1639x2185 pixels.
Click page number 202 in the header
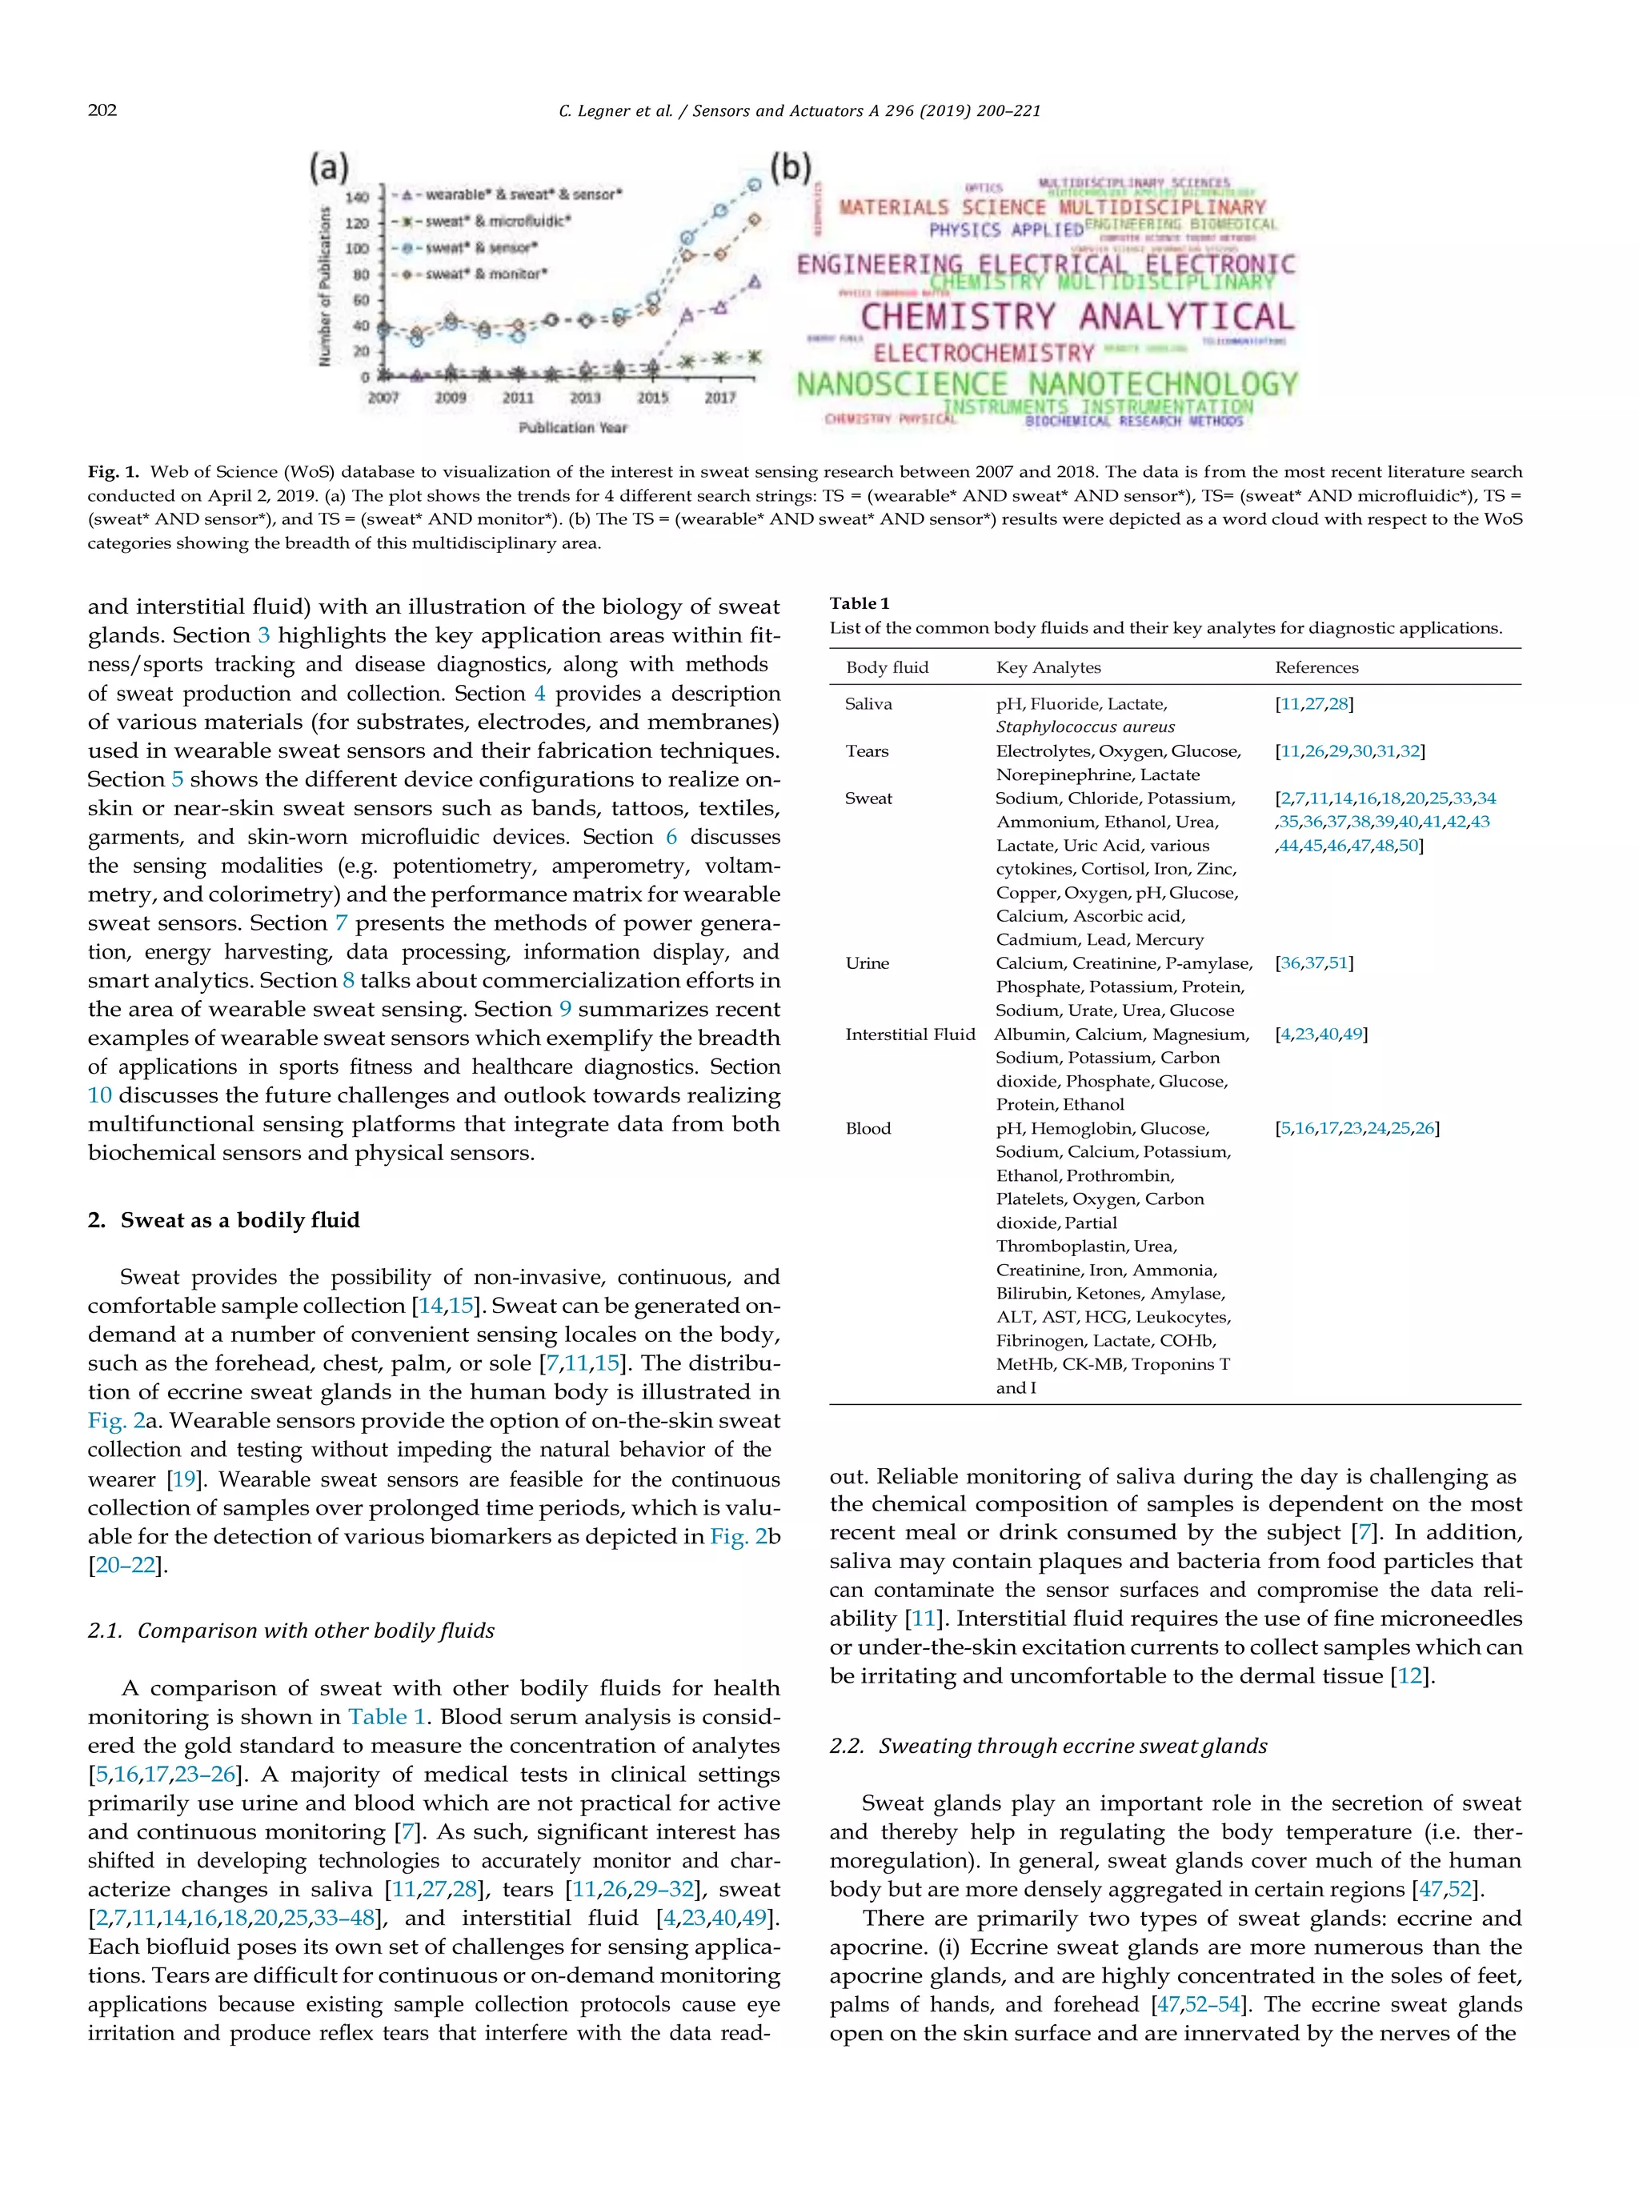tap(102, 110)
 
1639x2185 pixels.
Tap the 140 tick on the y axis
tap(357, 198)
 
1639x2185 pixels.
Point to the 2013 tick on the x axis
tap(585, 398)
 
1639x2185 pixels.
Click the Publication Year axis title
tap(573, 428)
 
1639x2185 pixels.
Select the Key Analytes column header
tap(1048, 668)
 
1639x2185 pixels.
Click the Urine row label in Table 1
tap(867, 963)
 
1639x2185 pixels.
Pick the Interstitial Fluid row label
tap(909, 1034)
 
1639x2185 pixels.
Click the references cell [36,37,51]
tap(1313, 963)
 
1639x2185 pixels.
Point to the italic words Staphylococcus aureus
tap(1084, 727)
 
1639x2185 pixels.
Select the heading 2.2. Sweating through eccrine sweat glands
tap(1048, 1746)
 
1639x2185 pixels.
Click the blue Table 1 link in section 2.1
tap(387, 1717)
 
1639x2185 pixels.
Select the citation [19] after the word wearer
tap(184, 1479)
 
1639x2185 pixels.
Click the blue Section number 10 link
tap(100, 1095)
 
